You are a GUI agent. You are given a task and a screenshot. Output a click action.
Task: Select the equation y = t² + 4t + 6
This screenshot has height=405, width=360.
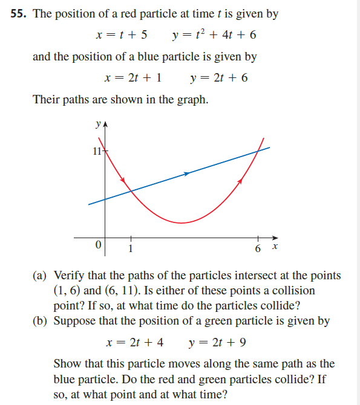pyautogui.click(x=214, y=35)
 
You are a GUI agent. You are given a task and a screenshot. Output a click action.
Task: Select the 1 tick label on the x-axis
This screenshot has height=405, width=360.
pyautogui.click(x=129, y=248)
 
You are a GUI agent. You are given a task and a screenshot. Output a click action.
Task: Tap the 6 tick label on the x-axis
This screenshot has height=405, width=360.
pyautogui.click(x=258, y=248)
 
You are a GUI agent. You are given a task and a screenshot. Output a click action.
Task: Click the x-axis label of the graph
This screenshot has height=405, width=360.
pyautogui.click(x=275, y=247)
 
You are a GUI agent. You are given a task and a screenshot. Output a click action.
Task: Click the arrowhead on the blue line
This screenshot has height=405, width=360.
pyautogui.click(x=187, y=173)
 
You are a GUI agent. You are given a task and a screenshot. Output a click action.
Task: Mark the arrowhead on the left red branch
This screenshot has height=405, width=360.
pyautogui.click(x=123, y=180)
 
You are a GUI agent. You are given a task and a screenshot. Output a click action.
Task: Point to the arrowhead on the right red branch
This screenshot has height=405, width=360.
pyautogui.click(x=241, y=180)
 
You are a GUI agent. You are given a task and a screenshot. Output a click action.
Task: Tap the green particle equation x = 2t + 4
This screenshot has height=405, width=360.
pyautogui.click(x=134, y=342)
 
